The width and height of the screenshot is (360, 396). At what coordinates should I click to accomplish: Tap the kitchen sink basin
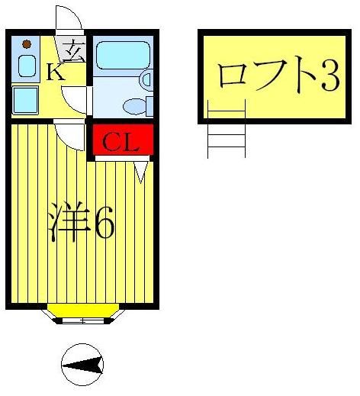(x=27, y=66)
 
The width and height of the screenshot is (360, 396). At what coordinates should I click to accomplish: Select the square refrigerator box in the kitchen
(x=26, y=99)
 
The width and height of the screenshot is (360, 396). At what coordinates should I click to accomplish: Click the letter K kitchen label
(x=55, y=73)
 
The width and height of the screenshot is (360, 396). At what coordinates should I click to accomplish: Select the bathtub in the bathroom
(x=122, y=55)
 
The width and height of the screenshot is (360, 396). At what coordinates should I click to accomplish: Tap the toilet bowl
(x=137, y=105)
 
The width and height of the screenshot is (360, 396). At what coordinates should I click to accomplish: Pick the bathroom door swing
(x=77, y=98)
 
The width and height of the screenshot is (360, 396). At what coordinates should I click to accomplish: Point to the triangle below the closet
(x=142, y=172)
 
